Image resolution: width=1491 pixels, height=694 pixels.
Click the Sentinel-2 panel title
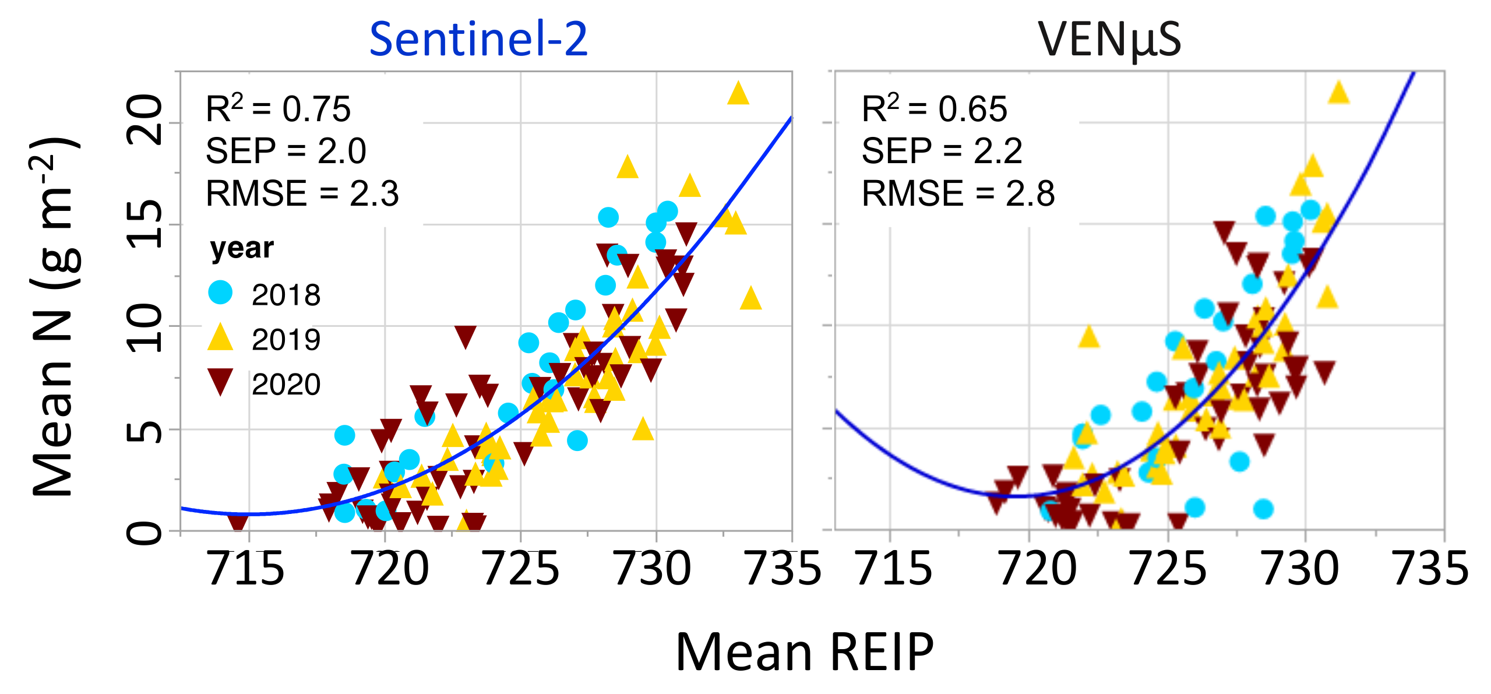click(x=478, y=39)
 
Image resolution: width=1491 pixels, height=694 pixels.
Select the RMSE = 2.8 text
click(x=958, y=193)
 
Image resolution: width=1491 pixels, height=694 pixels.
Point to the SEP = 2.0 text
click(x=285, y=151)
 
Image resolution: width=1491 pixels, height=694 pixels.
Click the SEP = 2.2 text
click(x=942, y=151)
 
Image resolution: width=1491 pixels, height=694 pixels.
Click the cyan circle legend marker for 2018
click(x=220, y=292)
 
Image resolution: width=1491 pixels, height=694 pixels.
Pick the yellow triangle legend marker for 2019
click(x=220, y=338)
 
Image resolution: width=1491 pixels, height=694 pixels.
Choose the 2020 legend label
click(x=285, y=385)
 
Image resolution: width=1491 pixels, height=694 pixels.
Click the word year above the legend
click(x=242, y=248)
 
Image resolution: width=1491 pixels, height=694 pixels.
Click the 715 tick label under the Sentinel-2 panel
click(x=245, y=569)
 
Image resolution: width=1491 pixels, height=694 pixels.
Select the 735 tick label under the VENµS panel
click(x=1429, y=569)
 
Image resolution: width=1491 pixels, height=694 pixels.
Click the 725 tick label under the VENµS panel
click(x=1168, y=569)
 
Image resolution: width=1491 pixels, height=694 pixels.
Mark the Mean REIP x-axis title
click(x=804, y=653)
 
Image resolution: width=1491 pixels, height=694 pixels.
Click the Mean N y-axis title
click(x=54, y=318)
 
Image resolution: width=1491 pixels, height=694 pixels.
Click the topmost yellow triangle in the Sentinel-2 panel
click(x=738, y=94)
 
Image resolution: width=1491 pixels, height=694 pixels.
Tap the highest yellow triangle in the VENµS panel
click(x=1338, y=93)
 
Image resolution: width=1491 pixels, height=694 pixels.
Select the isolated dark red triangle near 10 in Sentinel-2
click(x=465, y=336)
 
